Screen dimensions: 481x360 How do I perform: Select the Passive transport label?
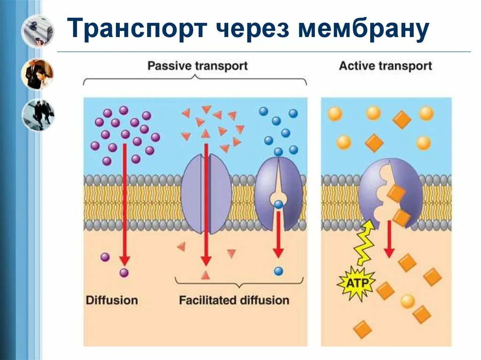coord(197,65)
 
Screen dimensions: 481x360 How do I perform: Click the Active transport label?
coord(385,65)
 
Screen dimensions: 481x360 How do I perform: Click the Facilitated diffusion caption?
coord(234,300)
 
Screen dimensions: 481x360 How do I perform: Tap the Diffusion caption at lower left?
coord(112,300)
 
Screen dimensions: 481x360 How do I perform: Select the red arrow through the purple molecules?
coord(124,202)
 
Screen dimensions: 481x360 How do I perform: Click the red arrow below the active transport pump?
coord(388,239)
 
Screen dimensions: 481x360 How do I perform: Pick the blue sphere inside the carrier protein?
coord(279,204)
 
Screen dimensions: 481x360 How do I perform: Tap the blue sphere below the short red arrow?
coord(279,271)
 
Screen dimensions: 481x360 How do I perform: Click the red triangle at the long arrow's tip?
coord(205,275)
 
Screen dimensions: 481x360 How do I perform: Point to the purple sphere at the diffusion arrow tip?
coord(124,272)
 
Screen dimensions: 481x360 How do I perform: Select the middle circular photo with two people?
coord(38,74)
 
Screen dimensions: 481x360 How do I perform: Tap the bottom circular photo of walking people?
coord(38,115)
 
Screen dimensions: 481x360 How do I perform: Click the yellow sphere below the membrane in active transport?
coord(408,301)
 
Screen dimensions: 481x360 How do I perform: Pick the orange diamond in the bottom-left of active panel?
coord(363,329)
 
